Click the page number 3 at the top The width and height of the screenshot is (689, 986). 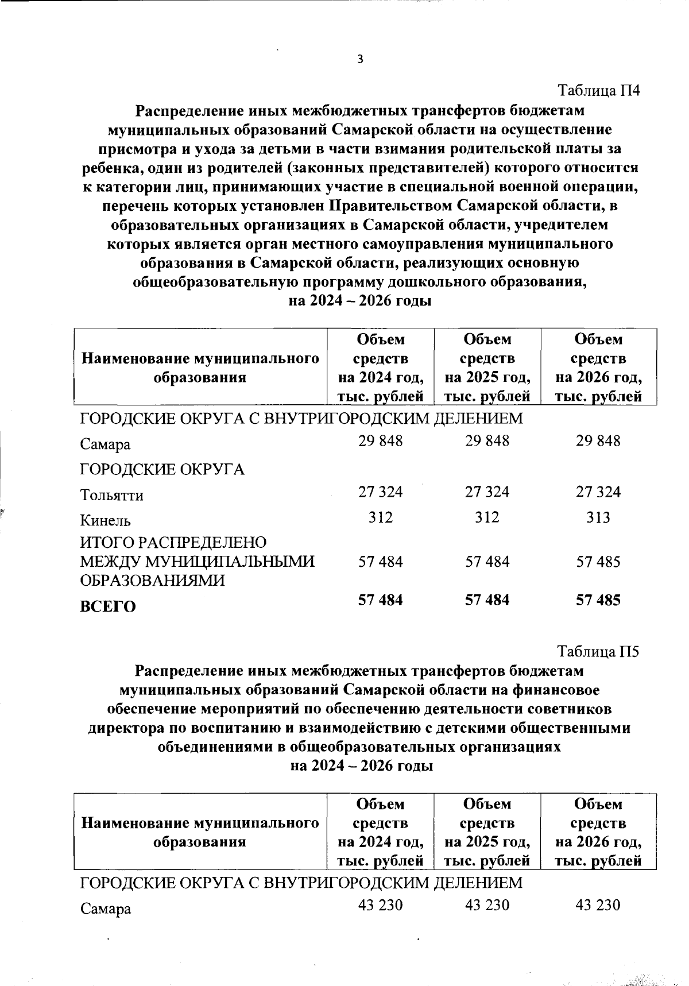(360, 60)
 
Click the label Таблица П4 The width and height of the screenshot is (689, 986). (599, 91)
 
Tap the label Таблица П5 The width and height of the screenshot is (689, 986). (599, 652)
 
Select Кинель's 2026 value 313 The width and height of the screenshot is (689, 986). (598, 517)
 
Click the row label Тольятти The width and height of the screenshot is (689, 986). (112, 495)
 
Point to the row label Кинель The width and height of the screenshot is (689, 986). (106, 520)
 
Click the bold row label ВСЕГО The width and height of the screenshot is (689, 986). (108, 607)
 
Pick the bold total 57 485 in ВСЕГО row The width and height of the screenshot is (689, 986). (598, 601)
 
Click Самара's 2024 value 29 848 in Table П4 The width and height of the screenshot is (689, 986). (381, 441)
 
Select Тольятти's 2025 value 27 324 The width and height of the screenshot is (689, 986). (487, 492)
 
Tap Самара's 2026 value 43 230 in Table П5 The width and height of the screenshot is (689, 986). (598, 906)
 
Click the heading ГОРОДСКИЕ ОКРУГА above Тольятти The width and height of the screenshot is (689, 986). (162, 470)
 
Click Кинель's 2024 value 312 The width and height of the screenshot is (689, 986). (381, 517)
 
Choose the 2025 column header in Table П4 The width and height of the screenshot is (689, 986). (487, 368)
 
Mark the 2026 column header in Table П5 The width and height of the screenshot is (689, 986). (598, 832)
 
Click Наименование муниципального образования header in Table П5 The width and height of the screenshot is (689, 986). (200, 833)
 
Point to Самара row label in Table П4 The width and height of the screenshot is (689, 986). (106, 444)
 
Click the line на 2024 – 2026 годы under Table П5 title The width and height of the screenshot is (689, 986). (361, 766)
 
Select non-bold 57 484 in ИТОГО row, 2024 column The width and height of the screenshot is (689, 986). (381, 562)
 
